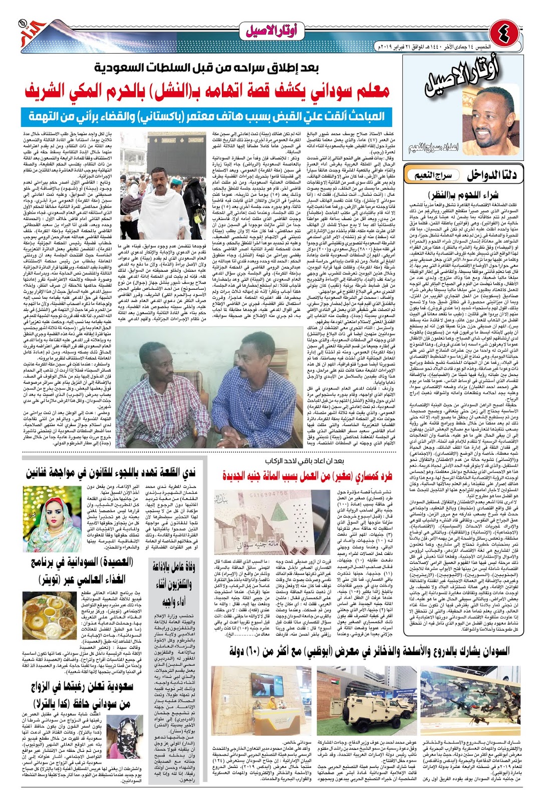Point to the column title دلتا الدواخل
(491, 175)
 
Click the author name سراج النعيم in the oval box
(433, 175)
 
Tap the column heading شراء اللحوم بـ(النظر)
(463, 194)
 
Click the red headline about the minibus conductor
(307, 475)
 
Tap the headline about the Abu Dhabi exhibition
(369, 651)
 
